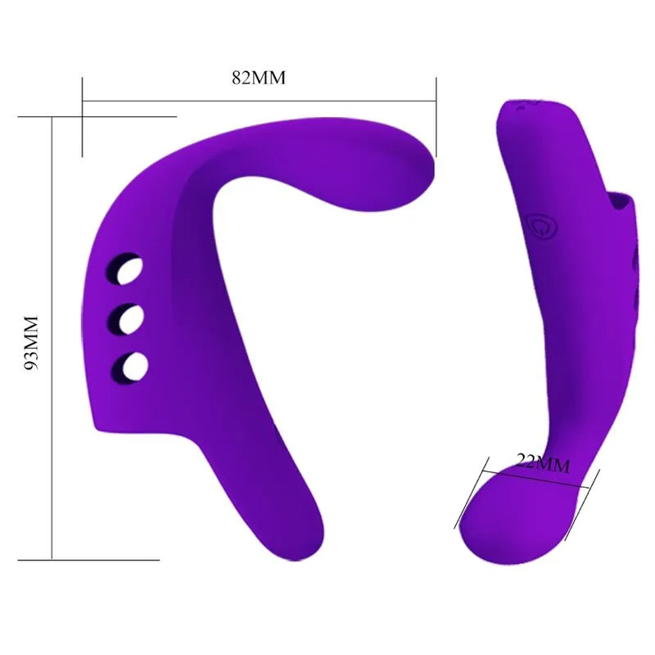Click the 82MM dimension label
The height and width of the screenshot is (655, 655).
[x=258, y=79]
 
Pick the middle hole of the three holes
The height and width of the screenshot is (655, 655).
[x=128, y=318]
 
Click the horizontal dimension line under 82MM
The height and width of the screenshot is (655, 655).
[x=258, y=102]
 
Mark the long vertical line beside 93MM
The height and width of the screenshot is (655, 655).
[x=52, y=344]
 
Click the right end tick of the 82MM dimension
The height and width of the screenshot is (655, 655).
[x=436, y=115]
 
